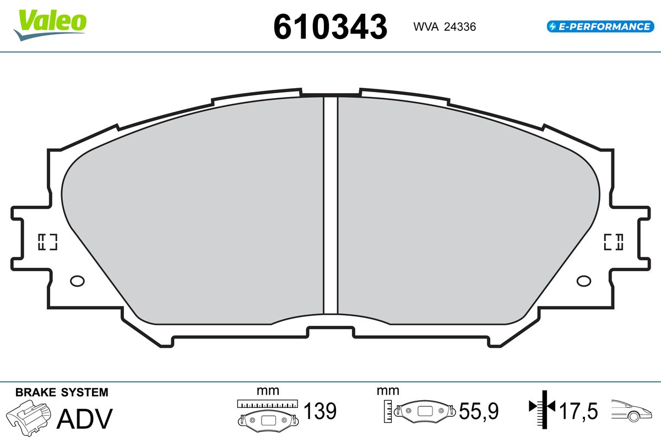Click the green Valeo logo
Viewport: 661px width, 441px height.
click(50, 25)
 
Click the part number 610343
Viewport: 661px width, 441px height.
click(330, 27)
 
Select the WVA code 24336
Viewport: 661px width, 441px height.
click(460, 27)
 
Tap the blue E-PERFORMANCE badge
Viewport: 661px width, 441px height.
click(600, 26)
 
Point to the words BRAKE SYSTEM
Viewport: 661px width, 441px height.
click(62, 392)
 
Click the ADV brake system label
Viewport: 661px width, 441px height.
click(85, 419)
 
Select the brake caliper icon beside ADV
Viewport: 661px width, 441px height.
click(29, 418)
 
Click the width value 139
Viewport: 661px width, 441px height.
click(320, 411)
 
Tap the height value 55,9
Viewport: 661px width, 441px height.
click(479, 411)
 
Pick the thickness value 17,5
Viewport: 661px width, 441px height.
click(578, 411)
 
